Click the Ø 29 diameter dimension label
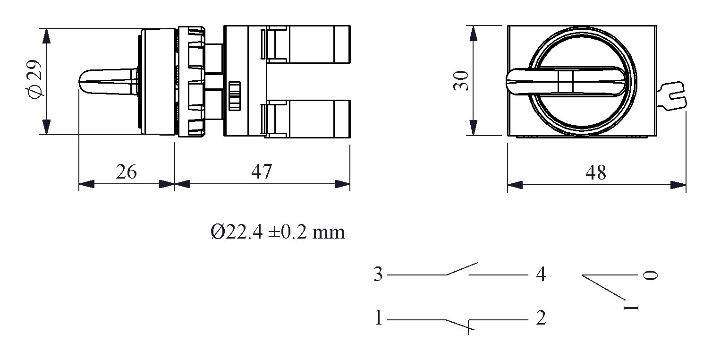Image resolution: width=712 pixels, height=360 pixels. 35,79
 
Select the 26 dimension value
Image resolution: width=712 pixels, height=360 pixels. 126,171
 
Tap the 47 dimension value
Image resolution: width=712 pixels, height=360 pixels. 262,171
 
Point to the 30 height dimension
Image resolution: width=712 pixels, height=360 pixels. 460,81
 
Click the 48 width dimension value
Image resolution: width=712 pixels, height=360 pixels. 596,173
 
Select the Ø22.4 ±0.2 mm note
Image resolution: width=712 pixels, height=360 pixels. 278,232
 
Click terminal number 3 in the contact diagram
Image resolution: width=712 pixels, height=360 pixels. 378,274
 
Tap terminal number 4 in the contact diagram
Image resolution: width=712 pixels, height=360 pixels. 541,274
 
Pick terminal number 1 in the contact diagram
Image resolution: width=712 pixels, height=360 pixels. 378,317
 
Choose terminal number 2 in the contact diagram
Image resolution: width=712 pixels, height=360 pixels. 541,317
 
